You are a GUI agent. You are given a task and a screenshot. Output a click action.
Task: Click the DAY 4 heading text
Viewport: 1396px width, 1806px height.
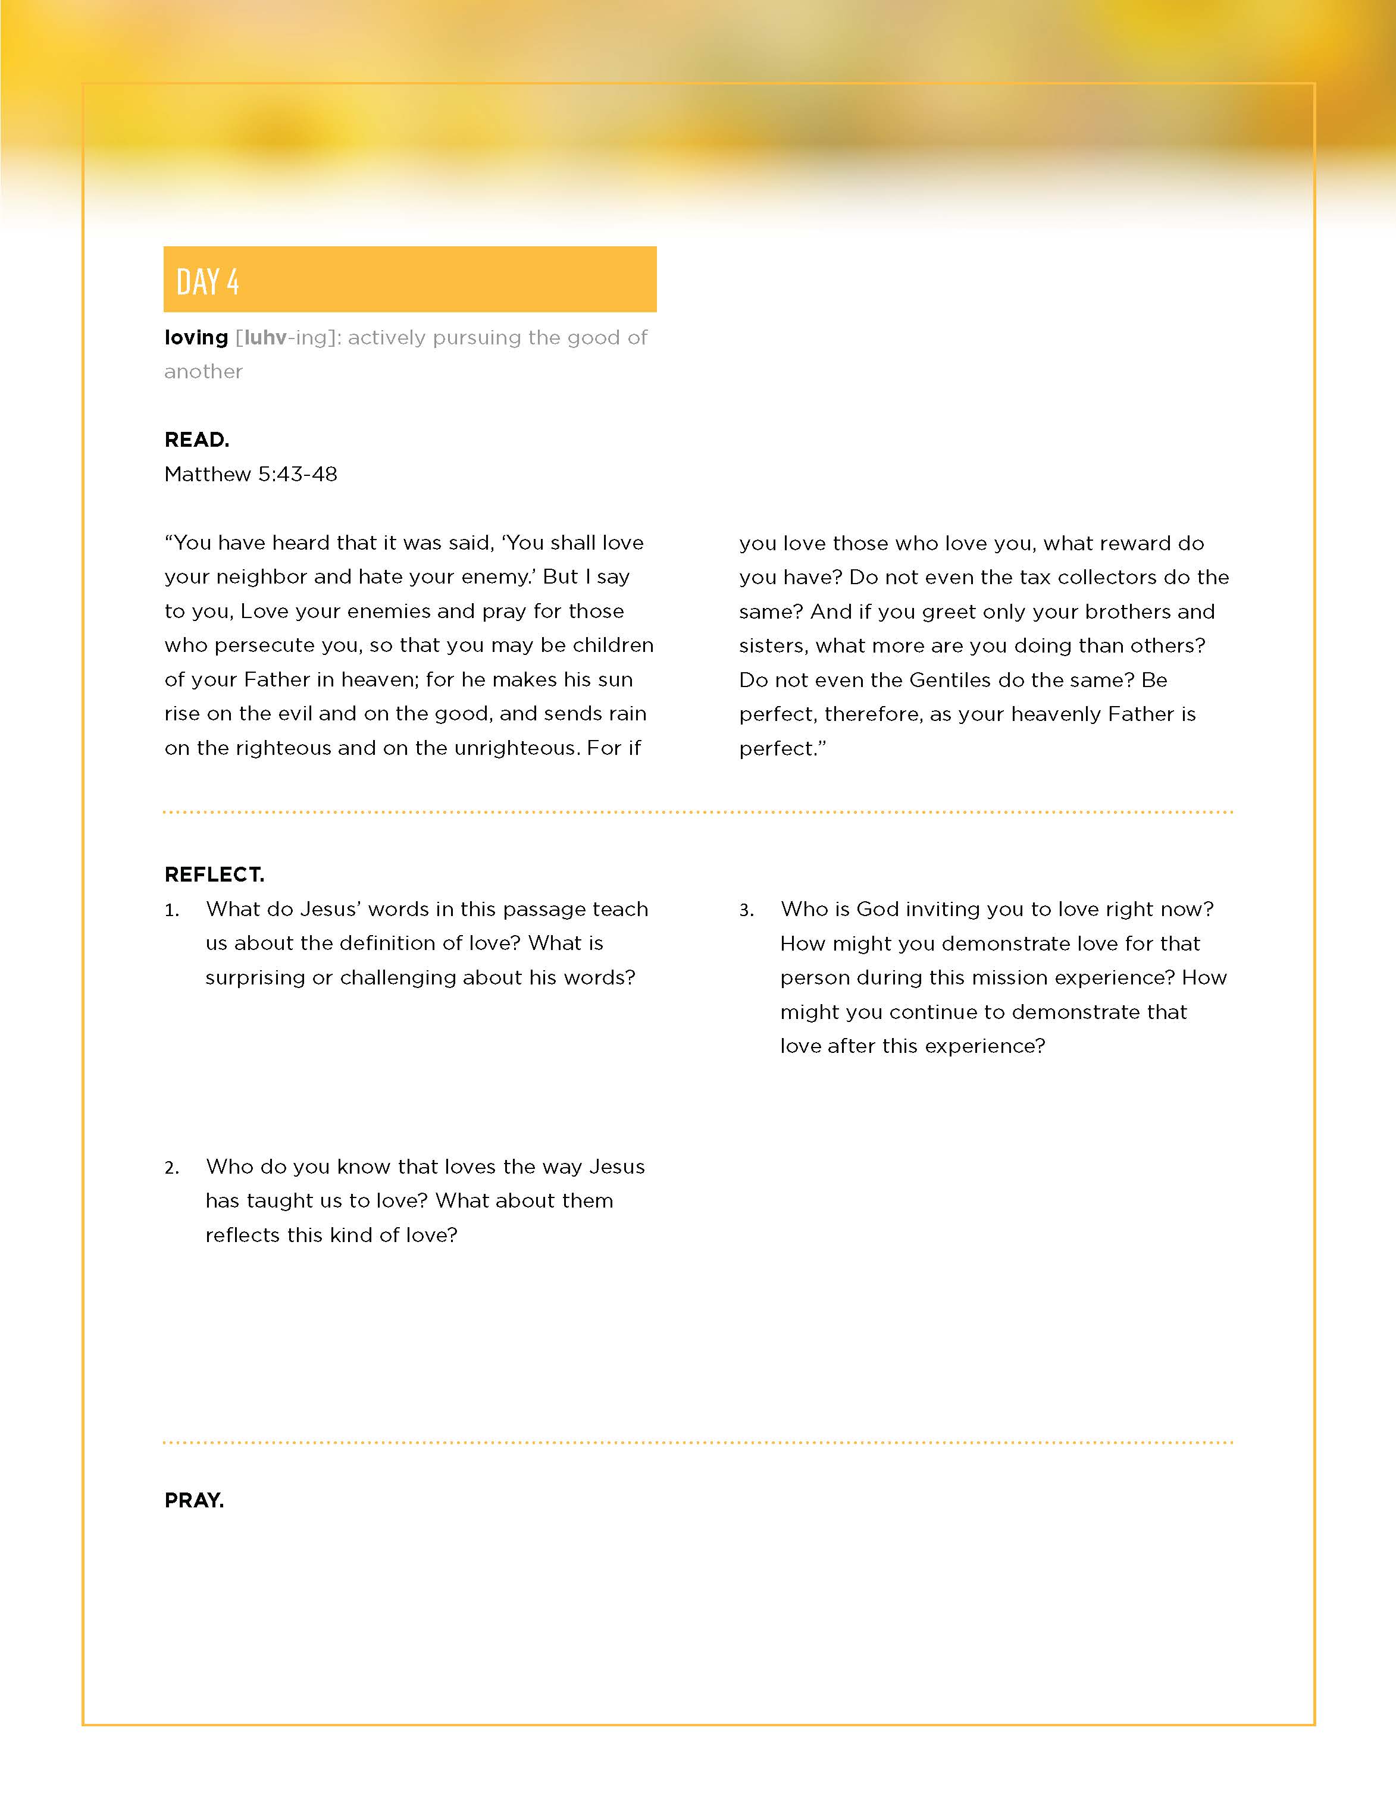click(x=208, y=282)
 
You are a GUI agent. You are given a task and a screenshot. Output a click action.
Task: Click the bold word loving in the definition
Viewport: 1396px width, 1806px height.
click(x=196, y=337)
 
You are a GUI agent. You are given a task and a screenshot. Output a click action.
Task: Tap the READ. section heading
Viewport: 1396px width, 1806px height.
click(x=197, y=440)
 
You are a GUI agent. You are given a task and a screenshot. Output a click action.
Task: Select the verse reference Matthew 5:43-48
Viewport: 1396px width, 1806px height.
click(x=251, y=474)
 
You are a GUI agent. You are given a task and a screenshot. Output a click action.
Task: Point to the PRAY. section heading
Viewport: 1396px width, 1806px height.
click(x=195, y=1500)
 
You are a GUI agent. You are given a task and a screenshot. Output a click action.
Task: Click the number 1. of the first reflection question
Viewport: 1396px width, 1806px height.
click(x=171, y=911)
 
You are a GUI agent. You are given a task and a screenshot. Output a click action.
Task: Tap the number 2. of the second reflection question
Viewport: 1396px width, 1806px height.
click(x=171, y=1168)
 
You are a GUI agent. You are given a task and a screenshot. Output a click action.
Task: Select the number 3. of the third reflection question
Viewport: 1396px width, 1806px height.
click(x=746, y=911)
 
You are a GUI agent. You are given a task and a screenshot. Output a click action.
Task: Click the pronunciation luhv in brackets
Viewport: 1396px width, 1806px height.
click(x=265, y=337)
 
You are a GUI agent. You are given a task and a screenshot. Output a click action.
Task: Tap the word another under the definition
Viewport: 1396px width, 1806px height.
click(x=204, y=371)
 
